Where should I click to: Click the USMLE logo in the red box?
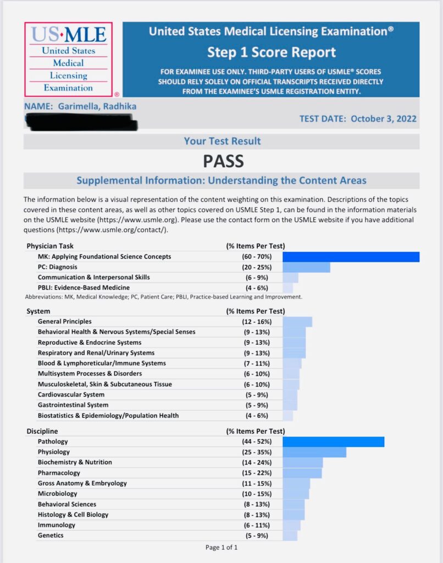tap(68, 59)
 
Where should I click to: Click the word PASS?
tap(223, 161)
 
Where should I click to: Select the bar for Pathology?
tap(333, 441)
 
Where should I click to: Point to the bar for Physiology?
tap(314, 452)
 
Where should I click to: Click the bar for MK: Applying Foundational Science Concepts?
tap(351, 257)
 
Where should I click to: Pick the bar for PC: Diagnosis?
tap(306, 267)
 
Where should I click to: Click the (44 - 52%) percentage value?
tap(256, 441)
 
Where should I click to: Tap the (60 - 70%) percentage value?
tap(256, 257)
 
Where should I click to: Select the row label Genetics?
tap(51, 536)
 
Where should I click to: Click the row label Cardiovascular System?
tap(71, 395)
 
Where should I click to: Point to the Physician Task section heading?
tap(50, 246)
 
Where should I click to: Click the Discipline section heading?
tap(42, 431)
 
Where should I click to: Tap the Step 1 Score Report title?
tap(271, 53)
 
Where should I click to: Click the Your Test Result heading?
tap(222, 141)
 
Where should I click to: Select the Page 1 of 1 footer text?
tap(221, 548)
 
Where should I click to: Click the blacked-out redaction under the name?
tap(82, 122)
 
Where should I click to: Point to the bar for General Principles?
tap(297, 322)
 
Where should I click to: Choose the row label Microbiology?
tap(58, 494)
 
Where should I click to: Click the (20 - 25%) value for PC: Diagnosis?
tap(256, 267)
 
